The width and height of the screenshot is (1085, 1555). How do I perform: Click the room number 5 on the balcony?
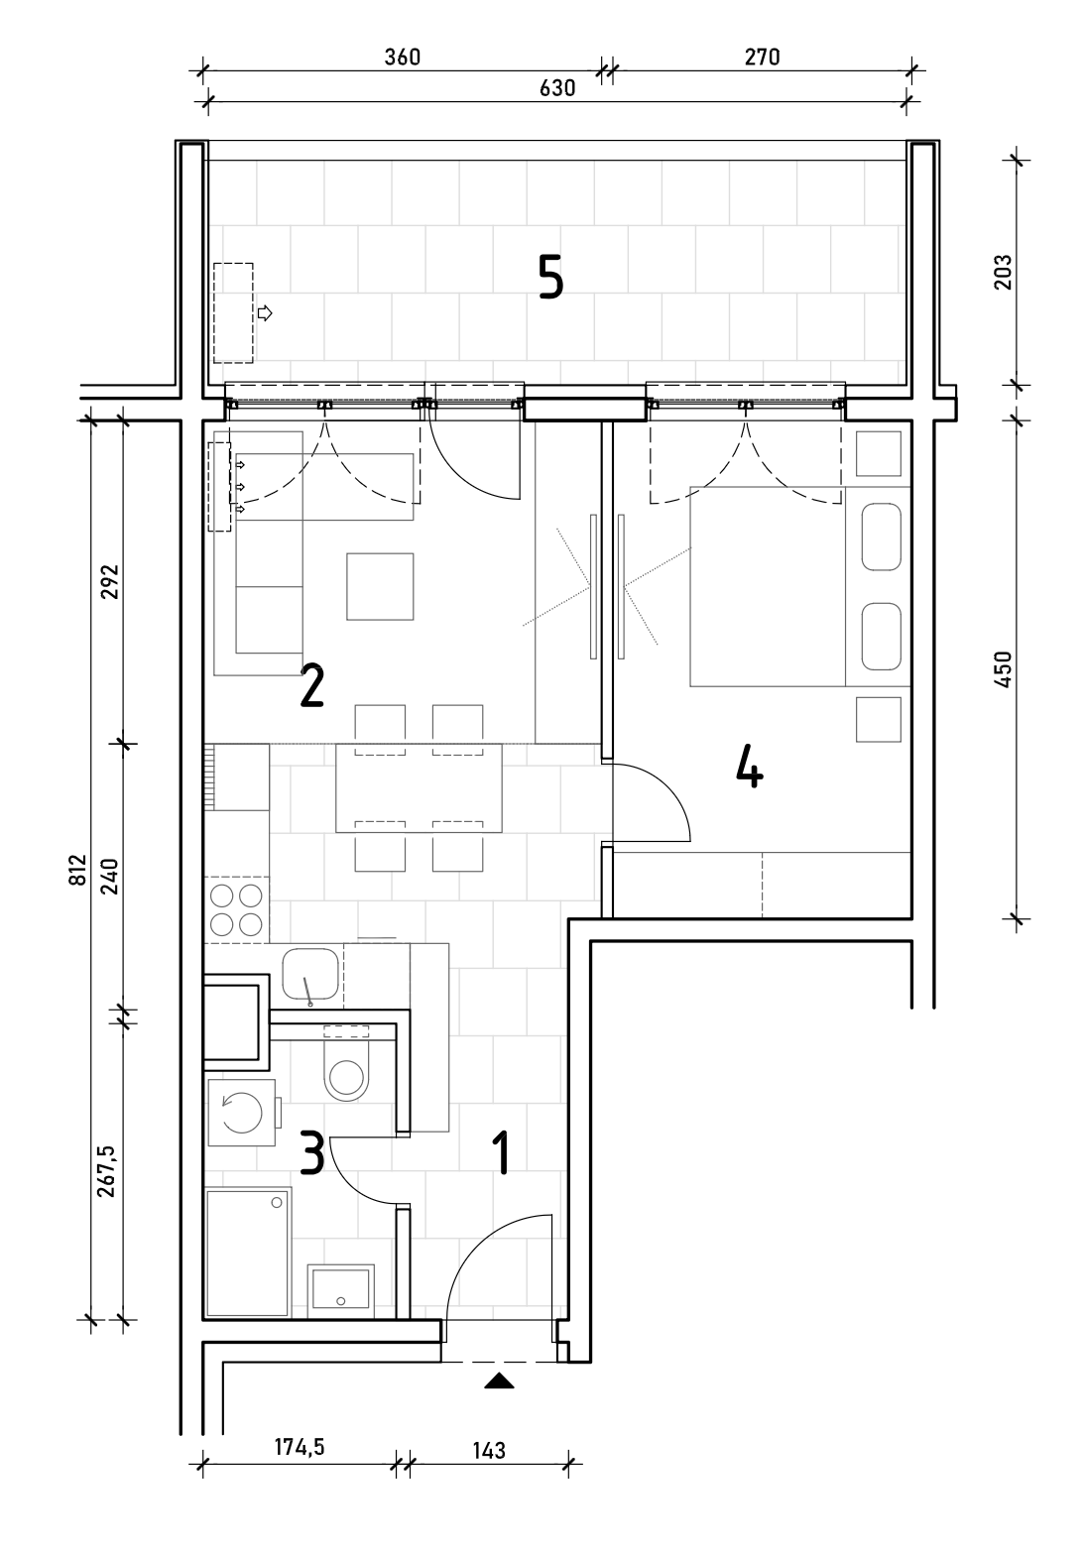(551, 277)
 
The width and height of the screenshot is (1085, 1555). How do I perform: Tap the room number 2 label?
(311, 686)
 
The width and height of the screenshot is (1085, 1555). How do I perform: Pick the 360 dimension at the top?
(403, 57)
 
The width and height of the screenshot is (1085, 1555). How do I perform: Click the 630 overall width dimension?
(557, 88)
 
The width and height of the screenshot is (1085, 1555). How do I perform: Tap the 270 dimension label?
(763, 57)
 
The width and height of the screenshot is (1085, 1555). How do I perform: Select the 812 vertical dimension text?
(77, 869)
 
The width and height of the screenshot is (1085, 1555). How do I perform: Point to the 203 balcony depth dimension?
(1003, 272)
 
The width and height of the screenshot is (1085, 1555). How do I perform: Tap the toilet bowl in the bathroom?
(346, 1076)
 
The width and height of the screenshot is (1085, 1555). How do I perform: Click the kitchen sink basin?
(310, 973)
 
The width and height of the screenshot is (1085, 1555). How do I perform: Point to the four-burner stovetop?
(236, 910)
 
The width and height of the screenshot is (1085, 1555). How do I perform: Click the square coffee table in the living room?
(380, 587)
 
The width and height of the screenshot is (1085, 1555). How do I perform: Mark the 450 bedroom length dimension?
(1003, 669)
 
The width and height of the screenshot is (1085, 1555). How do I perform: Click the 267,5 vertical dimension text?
(107, 1171)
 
